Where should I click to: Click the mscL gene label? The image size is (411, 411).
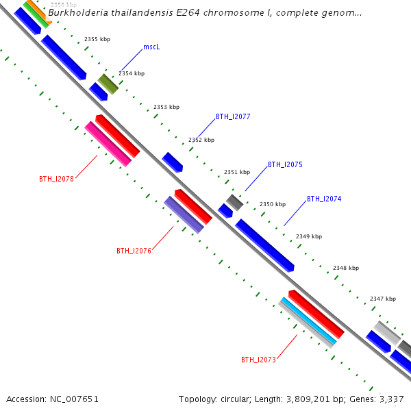tap(151, 47)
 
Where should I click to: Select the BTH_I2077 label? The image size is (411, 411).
tap(233, 116)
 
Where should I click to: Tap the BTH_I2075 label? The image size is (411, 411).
tap(285, 164)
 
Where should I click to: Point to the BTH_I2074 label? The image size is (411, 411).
tap(324, 199)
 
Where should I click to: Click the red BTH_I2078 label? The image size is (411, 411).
tap(56, 179)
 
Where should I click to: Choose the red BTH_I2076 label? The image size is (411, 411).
tap(134, 251)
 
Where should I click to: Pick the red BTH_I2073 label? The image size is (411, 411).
tap(258, 360)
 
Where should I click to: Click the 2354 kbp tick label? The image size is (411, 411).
tap(132, 73)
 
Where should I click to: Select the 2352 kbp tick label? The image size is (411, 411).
tap(201, 140)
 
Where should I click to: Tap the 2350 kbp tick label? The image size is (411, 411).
tap(273, 204)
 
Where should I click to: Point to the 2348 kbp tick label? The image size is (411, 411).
tap(346, 268)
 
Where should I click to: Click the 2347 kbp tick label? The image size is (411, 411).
tap(383, 299)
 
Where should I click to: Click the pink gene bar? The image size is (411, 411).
tap(108, 144)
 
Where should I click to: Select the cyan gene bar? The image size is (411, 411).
tap(308, 321)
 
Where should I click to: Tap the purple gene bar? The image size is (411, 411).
tap(183, 214)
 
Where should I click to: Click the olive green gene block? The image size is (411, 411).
tap(108, 84)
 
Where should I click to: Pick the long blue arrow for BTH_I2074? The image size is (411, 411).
tap(264, 245)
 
